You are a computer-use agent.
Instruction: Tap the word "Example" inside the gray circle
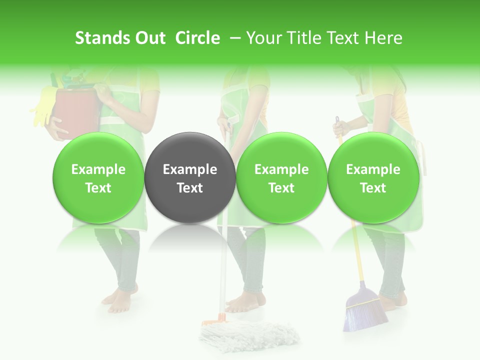[x=190, y=169]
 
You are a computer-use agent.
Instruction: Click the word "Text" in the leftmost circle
[x=98, y=188]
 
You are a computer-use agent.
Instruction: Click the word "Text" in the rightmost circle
[x=373, y=188]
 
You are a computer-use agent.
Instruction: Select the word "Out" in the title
[x=149, y=38]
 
